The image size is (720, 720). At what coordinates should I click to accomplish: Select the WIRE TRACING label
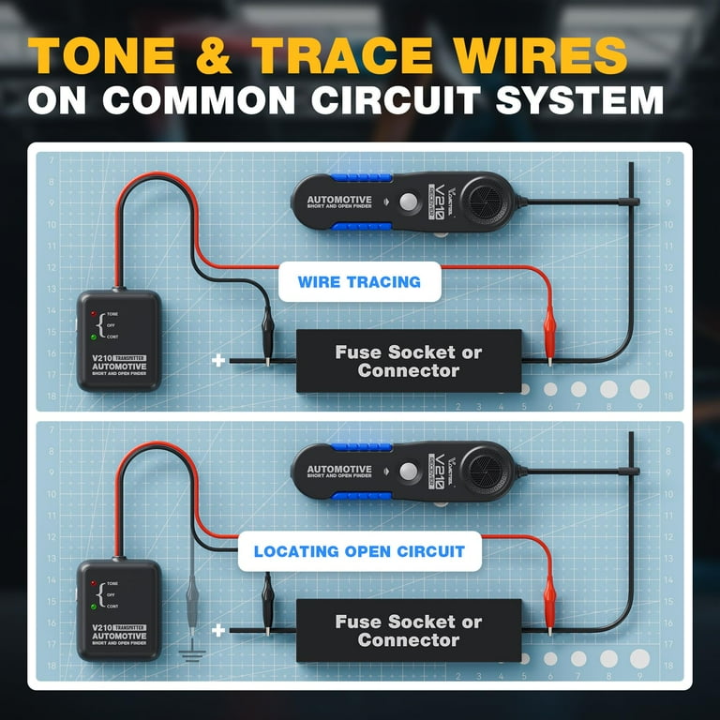[x=359, y=281]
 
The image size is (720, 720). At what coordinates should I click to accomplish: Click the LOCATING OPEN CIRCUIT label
[x=359, y=551]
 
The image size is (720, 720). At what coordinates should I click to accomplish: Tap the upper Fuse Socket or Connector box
[x=408, y=362]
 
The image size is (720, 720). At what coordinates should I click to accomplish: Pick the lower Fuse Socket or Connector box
[x=408, y=631]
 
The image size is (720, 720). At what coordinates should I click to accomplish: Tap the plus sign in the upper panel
[x=218, y=360]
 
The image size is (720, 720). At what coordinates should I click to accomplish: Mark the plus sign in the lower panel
[x=218, y=629]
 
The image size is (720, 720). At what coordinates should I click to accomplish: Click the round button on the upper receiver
[x=408, y=202]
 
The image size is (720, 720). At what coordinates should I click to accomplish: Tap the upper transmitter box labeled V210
[x=118, y=340]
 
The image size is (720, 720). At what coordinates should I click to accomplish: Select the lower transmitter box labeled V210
[x=118, y=610]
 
